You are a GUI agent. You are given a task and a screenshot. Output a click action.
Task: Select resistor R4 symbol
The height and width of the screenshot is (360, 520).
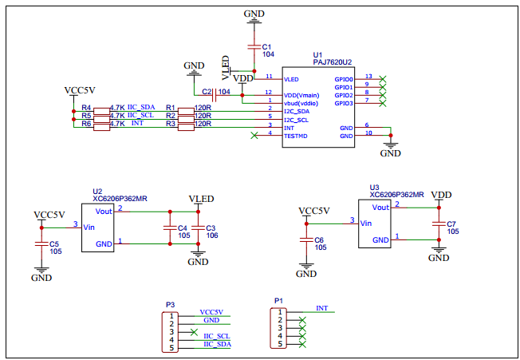(100, 108)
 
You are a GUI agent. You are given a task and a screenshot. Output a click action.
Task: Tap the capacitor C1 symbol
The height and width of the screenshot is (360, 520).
(254, 47)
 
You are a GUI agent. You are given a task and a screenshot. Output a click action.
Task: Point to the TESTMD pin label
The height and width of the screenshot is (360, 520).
(296, 136)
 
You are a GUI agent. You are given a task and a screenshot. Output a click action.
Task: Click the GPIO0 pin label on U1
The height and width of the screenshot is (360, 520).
(344, 79)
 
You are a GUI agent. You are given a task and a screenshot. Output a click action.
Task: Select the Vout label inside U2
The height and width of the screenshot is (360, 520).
(104, 212)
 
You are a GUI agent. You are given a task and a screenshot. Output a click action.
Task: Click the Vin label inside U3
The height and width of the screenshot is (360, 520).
(366, 223)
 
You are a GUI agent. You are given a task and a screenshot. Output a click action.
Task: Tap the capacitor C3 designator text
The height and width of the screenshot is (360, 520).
(211, 227)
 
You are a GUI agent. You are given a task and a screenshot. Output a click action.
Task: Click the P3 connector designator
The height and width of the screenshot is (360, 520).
(170, 304)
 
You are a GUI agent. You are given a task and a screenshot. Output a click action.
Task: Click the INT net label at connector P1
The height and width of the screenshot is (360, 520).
(321, 308)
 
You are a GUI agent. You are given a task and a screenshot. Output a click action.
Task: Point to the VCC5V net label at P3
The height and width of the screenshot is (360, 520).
(211, 312)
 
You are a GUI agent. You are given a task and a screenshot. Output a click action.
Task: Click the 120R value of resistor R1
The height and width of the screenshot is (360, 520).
(203, 107)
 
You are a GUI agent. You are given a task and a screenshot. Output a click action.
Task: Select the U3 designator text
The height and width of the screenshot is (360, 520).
(374, 187)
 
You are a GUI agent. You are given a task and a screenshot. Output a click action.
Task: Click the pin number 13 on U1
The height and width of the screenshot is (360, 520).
(368, 77)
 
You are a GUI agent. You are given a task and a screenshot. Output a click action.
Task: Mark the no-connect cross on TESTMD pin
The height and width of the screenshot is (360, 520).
(254, 136)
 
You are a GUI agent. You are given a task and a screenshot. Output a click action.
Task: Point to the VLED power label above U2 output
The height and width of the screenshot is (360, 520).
(201, 199)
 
